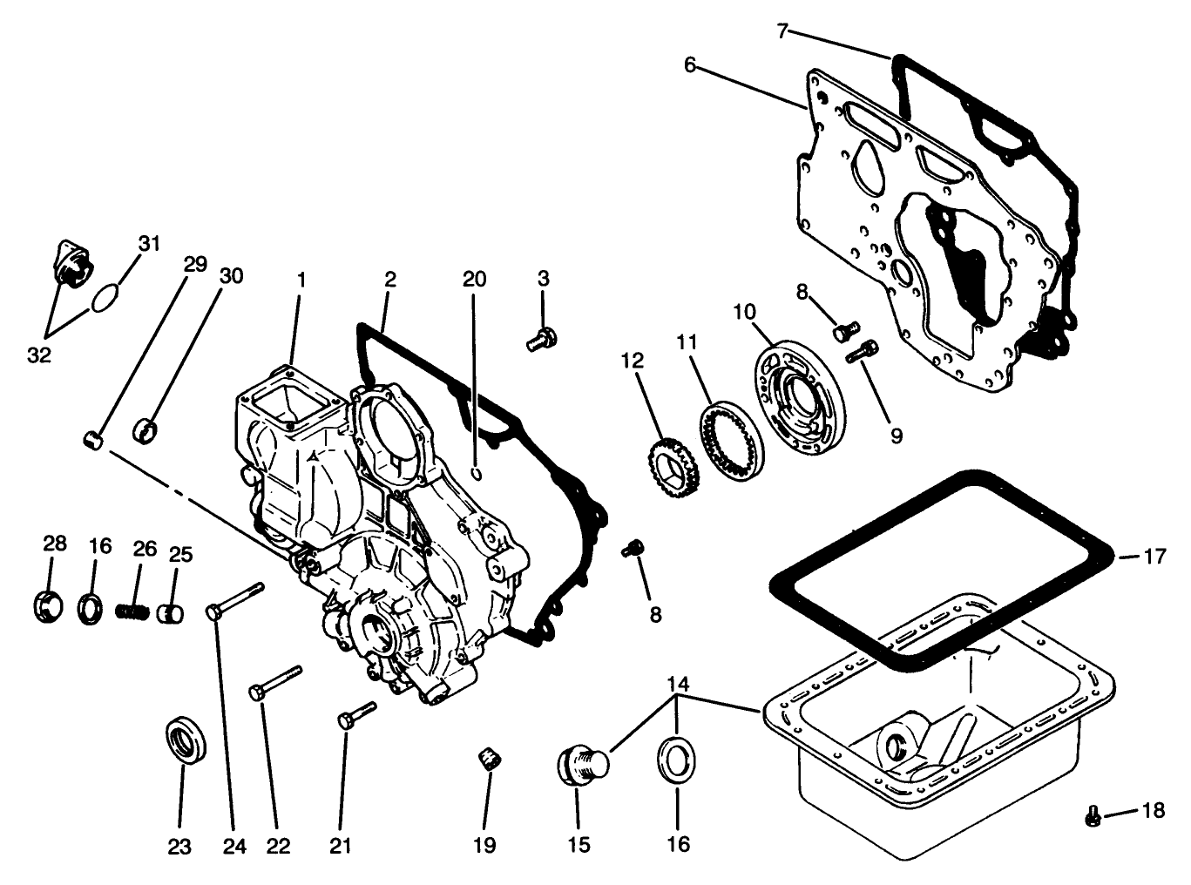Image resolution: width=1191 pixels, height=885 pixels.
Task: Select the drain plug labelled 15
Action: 581,764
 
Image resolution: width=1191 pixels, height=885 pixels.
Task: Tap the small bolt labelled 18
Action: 1093,816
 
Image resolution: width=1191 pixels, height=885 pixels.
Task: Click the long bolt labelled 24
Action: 233,600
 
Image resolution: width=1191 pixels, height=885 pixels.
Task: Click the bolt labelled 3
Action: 542,339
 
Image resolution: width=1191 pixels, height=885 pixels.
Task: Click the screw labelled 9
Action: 863,351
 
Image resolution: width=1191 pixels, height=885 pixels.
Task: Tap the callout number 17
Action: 1154,555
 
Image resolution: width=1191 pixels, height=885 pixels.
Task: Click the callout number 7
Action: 782,31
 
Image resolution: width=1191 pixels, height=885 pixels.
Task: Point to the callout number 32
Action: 39,355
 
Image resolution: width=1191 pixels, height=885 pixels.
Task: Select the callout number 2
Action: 389,279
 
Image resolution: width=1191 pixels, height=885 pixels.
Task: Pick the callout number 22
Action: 278,845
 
